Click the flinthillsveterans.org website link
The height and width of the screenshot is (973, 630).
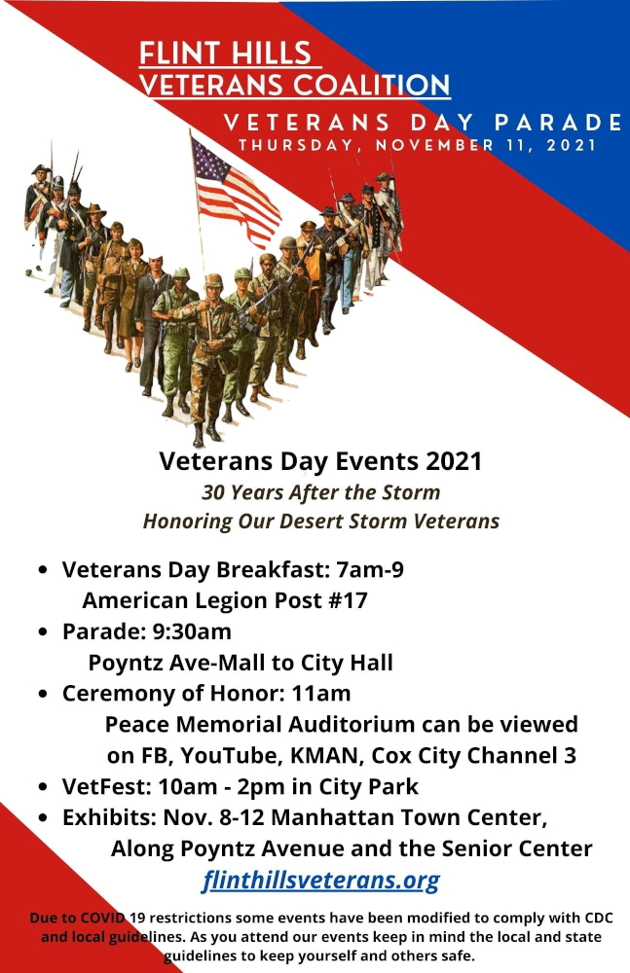(320, 880)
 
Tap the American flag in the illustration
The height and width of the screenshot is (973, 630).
(236, 191)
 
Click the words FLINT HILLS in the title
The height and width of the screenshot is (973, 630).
(225, 54)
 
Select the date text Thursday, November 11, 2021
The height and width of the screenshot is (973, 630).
(417, 145)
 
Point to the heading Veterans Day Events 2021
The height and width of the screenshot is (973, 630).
(320, 461)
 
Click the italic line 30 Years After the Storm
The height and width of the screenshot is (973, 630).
(320, 492)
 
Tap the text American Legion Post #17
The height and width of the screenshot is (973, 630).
(225, 600)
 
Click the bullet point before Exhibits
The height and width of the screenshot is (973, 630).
(42, 818)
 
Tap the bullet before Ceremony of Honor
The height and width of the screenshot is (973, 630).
(42, 694)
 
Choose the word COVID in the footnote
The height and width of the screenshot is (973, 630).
(103, 918)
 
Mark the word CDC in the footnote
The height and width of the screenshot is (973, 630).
(599, 918)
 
